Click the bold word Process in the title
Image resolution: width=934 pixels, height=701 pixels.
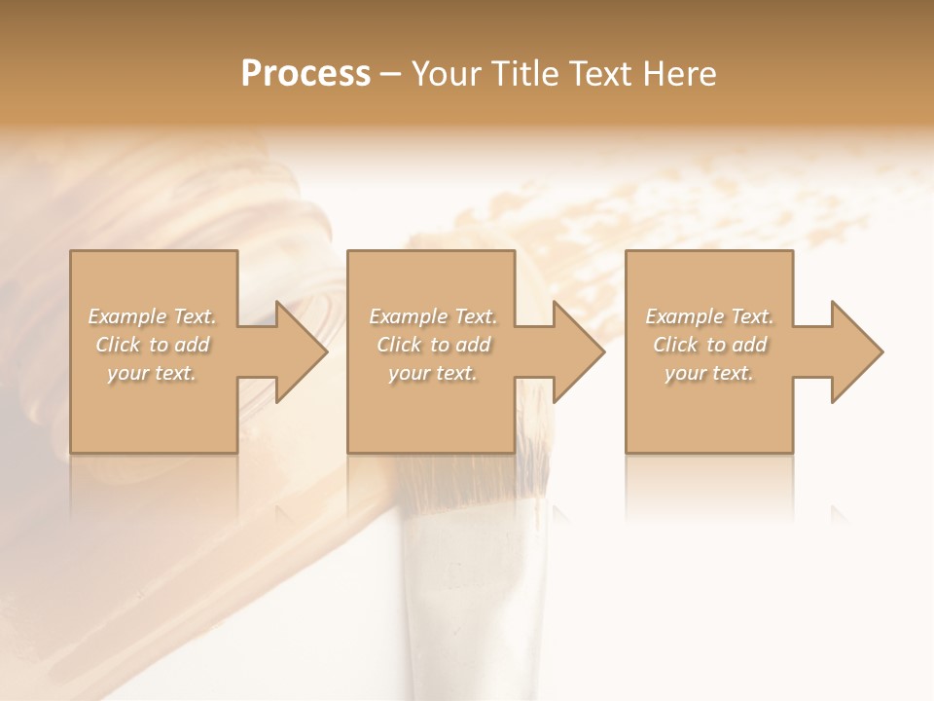tap(305, 74)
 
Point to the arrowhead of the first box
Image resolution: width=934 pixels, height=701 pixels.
tap(302, 351)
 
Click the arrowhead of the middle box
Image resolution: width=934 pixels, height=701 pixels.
tap(579, 351)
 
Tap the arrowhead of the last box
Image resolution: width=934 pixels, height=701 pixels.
tap(857, 351)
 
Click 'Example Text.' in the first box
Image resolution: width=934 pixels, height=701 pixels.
tap(152, 316)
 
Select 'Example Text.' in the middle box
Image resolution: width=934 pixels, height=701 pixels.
tap(433, 316)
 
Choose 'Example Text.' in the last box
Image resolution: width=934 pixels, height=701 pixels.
tap(709, 316)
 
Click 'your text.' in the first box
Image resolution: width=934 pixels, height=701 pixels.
tap(152, 373)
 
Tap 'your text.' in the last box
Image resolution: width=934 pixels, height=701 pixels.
tap(709, 373)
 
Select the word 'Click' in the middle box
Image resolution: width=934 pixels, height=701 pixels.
tap(399, 345)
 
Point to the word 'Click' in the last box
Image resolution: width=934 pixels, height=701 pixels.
tap(675, 345)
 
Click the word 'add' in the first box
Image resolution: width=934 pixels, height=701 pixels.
tap(193, 345)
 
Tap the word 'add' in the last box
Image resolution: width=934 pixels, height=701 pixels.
tap(750, 345)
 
